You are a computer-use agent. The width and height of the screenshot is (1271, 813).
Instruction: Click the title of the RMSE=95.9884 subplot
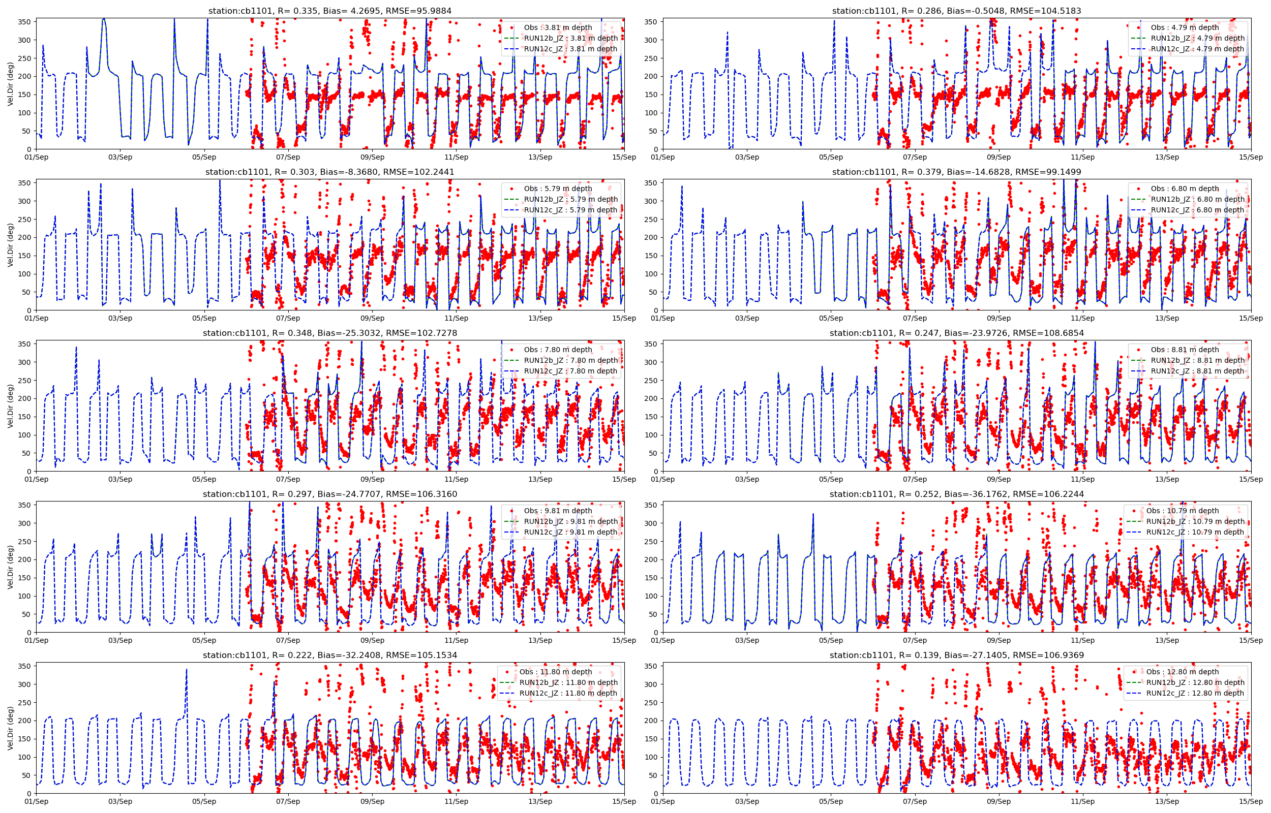point(330,11)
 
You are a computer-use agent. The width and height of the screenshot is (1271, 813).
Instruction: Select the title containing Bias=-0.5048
point(956,11)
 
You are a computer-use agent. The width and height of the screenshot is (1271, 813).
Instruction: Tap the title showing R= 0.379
point(956,172)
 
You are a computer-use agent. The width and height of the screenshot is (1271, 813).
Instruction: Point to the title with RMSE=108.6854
point(956,333)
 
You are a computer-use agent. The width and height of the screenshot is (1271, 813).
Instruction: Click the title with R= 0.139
point(956,654)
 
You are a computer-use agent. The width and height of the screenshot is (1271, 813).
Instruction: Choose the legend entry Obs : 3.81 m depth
point(558,27)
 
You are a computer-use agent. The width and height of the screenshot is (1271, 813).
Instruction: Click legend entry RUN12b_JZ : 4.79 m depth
point(1197,38)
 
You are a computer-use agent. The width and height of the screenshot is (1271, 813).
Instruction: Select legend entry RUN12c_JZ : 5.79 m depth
point(570,209)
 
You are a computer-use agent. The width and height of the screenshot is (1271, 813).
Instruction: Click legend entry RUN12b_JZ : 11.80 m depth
point(568,682)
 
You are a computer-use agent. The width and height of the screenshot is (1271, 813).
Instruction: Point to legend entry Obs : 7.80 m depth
point(558,350)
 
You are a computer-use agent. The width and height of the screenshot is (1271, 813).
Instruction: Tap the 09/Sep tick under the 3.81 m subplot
point(372,157)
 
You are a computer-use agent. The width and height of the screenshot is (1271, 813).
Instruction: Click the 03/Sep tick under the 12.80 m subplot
point(747,801)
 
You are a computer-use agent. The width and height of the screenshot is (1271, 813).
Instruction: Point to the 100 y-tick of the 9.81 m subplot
point(25,596)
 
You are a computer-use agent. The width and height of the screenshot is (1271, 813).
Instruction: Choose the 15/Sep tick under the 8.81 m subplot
point(1250,479)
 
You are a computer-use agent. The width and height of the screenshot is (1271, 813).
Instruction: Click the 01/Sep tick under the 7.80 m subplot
point(37,479)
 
